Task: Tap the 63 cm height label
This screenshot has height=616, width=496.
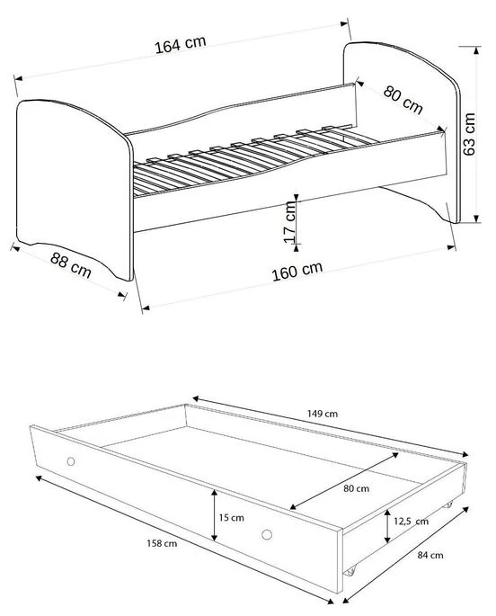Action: [x=468, y=135]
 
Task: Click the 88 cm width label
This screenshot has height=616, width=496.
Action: [x=71, y=264]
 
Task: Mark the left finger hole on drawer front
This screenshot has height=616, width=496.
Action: [x=70, y=462]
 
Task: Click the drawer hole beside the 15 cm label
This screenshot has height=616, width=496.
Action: [x=266, y=536]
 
